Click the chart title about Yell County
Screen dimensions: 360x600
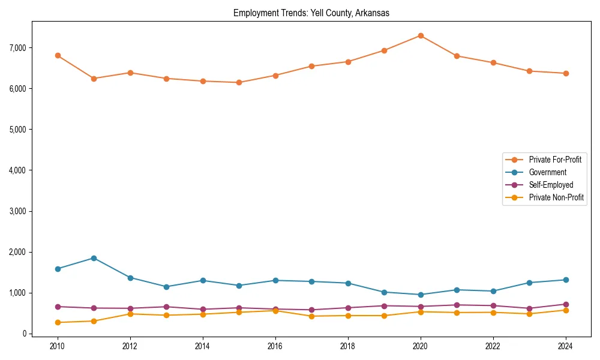coord(311,13)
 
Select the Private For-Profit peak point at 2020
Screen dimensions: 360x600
coord(421,35)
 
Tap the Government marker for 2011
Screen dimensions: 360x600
coord(94,258)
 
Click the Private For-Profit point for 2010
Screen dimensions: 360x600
coord(58,55)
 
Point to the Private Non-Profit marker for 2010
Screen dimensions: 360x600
coord(58,322)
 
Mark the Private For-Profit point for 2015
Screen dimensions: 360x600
coord(239,82)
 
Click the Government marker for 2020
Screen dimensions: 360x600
coord(421,295)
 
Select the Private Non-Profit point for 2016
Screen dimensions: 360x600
coord(275,310)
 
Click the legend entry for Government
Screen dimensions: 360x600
coord(547,172)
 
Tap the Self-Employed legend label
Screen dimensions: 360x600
coord(551,185)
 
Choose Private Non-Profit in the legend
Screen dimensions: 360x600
coord(556,197)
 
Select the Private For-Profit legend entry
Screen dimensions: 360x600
coord(555,160)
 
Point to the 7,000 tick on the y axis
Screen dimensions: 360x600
coord(16,47)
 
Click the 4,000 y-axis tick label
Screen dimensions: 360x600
coord(16,170)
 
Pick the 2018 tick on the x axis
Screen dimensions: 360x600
coord(348,346)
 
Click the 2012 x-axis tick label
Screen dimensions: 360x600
coord(130,346)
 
